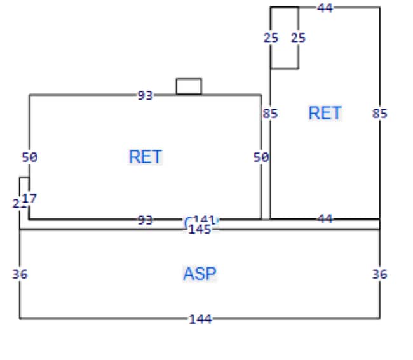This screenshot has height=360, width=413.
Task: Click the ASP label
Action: [200, 274]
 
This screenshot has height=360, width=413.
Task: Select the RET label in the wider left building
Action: [146, 156]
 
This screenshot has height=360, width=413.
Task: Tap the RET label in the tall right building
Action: [325, 113]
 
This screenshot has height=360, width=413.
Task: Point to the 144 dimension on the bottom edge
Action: [200, 319]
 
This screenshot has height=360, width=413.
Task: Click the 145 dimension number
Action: [200, 229]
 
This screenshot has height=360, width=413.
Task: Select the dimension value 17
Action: [29, 198]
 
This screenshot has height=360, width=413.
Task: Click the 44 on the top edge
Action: [325, 8]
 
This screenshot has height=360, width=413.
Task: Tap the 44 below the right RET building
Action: [325, 218]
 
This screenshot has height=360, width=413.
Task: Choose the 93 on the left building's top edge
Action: [146, 95]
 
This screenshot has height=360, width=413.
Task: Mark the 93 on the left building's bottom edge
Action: [146, 220]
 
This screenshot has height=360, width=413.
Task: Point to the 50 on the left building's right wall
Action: [261, 157]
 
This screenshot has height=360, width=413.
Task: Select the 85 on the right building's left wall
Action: [271, 114]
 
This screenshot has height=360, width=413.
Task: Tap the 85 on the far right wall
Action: [380, 114]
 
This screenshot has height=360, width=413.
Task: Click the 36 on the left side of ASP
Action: [20, 274]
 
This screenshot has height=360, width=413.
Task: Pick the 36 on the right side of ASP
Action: [380, 274]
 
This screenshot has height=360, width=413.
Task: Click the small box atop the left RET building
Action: [189, 86]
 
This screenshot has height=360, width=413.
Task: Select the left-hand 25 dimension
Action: [271, 37]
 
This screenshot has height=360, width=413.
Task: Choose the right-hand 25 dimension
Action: [298, 37]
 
